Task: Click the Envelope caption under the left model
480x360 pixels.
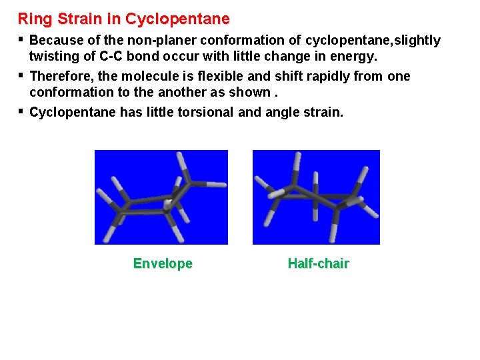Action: pos(163,264)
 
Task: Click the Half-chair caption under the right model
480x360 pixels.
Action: pos(318,264)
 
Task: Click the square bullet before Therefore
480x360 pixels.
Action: pos(21,75)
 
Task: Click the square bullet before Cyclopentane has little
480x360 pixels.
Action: pos(21,111)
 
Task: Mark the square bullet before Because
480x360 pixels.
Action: pos(21,39)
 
